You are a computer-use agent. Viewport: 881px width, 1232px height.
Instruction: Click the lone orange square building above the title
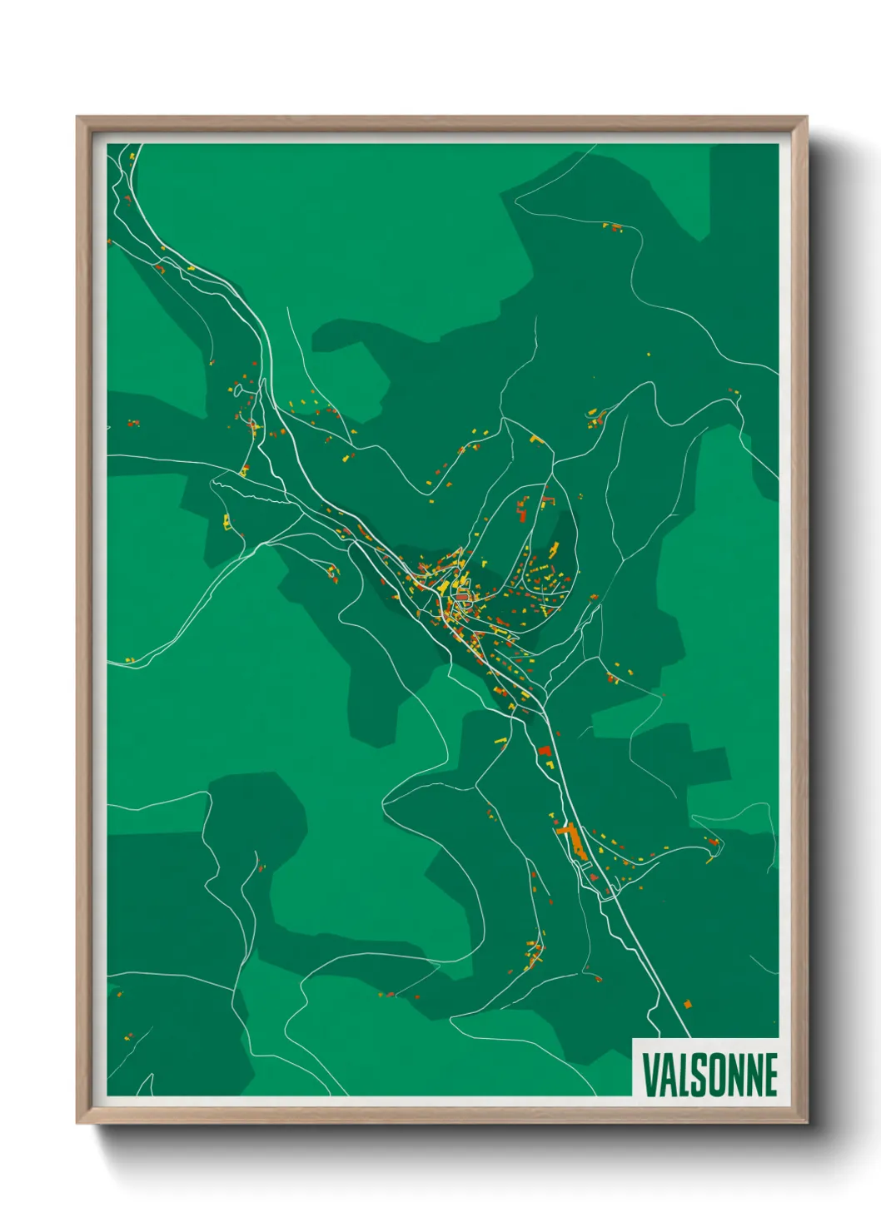(x=688, y=1005)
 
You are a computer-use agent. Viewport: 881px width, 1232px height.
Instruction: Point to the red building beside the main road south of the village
(x=545, y=751)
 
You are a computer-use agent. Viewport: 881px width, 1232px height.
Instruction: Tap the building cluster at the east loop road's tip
(x=712, y=843)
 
